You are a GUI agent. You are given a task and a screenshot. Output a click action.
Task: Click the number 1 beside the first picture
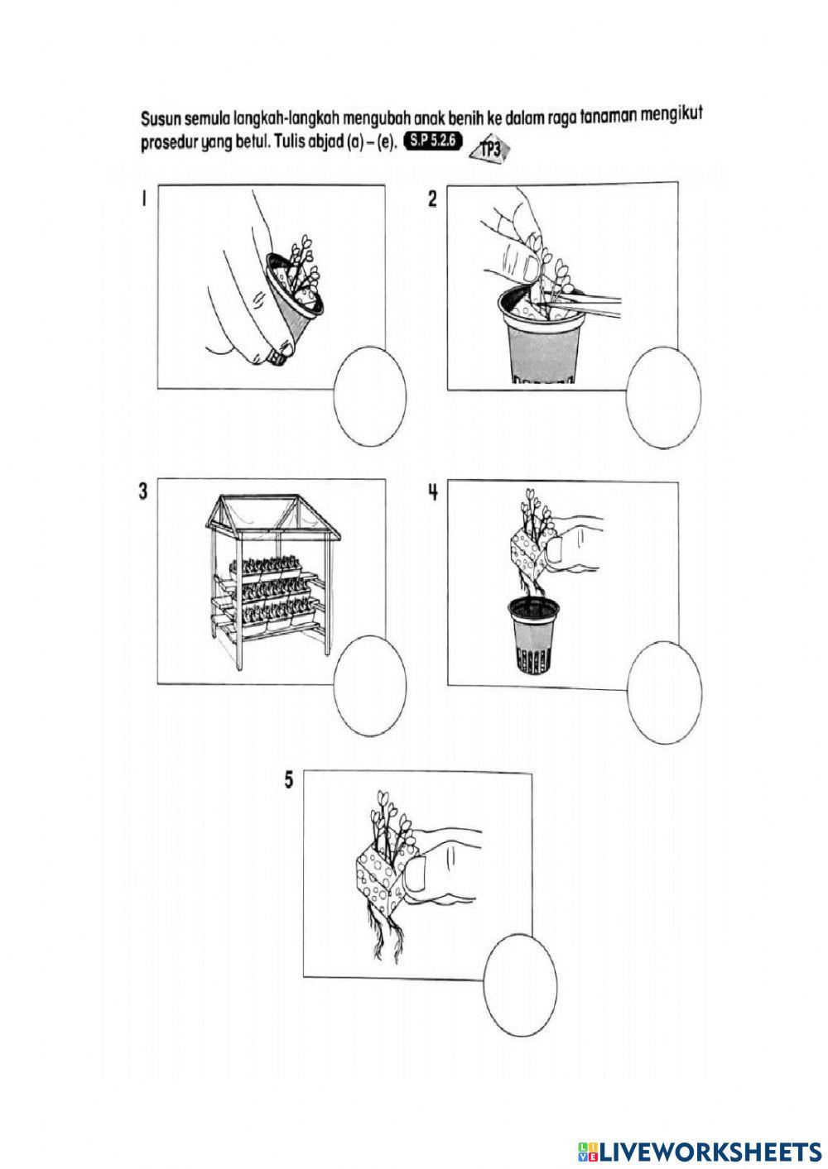click(x=143, y=200)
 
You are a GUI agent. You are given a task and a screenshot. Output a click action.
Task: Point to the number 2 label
click(x=432, y=199)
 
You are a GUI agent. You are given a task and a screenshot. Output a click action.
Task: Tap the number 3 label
click(x=143, y=491)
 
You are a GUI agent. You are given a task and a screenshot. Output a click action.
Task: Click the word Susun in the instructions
click(x=159, y=118)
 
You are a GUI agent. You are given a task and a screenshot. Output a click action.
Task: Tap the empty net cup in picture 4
click(x=534, y=637)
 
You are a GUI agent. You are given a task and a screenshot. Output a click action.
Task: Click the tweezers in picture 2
click(x=585, y=304)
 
